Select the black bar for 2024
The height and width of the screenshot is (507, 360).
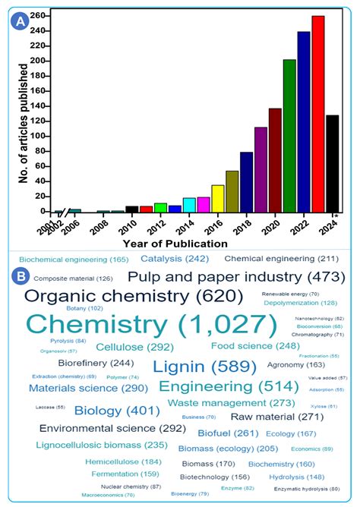pyautogui.click(x=332, y=163)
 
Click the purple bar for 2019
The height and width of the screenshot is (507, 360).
pyautogui.click(x=261, y=169)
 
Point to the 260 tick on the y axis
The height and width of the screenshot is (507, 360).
pyautogui.click(x=42, y=15)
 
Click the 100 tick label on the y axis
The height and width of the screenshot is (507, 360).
pyautogui.click(x=42, y=136)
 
